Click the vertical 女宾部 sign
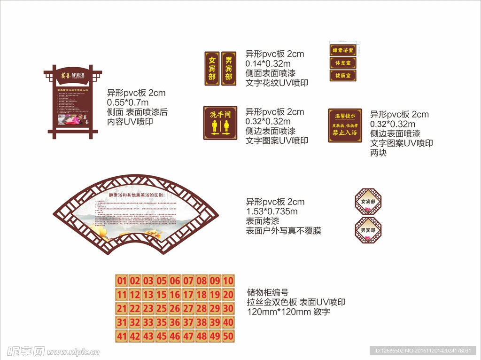212,69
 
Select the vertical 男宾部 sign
228,69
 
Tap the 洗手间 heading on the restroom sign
220,114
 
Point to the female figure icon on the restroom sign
226,125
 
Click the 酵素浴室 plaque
343,50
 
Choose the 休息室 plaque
343,63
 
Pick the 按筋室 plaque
343,75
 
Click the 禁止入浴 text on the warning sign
345,133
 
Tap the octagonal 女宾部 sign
368,202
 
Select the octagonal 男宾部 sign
368,230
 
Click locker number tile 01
122,282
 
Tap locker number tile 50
228,337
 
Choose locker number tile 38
202,322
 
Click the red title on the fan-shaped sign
136,195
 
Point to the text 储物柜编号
267,292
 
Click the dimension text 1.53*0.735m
272,211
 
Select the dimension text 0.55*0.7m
128,102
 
